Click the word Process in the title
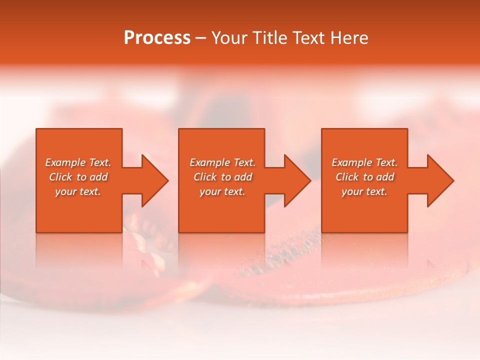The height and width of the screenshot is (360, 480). coord(157,38)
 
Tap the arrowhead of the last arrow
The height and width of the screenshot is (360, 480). coord(440,180)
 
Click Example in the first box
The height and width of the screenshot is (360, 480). coord(65,162)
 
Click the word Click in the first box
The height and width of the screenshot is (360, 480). coord(60,177)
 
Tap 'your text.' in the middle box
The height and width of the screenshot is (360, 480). coord(222,191)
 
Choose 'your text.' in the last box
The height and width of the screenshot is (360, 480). coord(364,191)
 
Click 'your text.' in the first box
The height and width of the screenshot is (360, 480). coord(78,191)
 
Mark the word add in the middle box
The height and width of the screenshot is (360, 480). coord(243,177)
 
